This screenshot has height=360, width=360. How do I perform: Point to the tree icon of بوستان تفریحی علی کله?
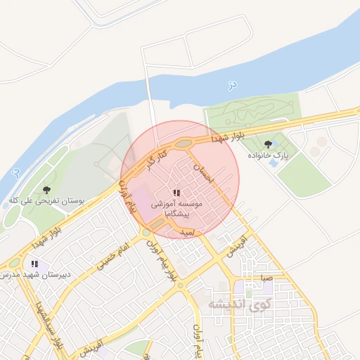click(47, 190)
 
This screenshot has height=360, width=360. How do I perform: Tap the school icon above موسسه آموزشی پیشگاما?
click(176, 193)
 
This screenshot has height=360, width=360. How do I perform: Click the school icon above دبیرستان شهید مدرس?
click(34, 264)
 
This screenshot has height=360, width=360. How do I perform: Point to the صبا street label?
click(265, 278)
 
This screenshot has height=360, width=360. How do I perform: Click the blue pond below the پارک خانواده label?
click(273, 163)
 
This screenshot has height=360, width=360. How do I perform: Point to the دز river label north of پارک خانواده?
click(232, 85)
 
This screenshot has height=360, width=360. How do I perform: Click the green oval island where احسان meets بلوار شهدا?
click(184, 144)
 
